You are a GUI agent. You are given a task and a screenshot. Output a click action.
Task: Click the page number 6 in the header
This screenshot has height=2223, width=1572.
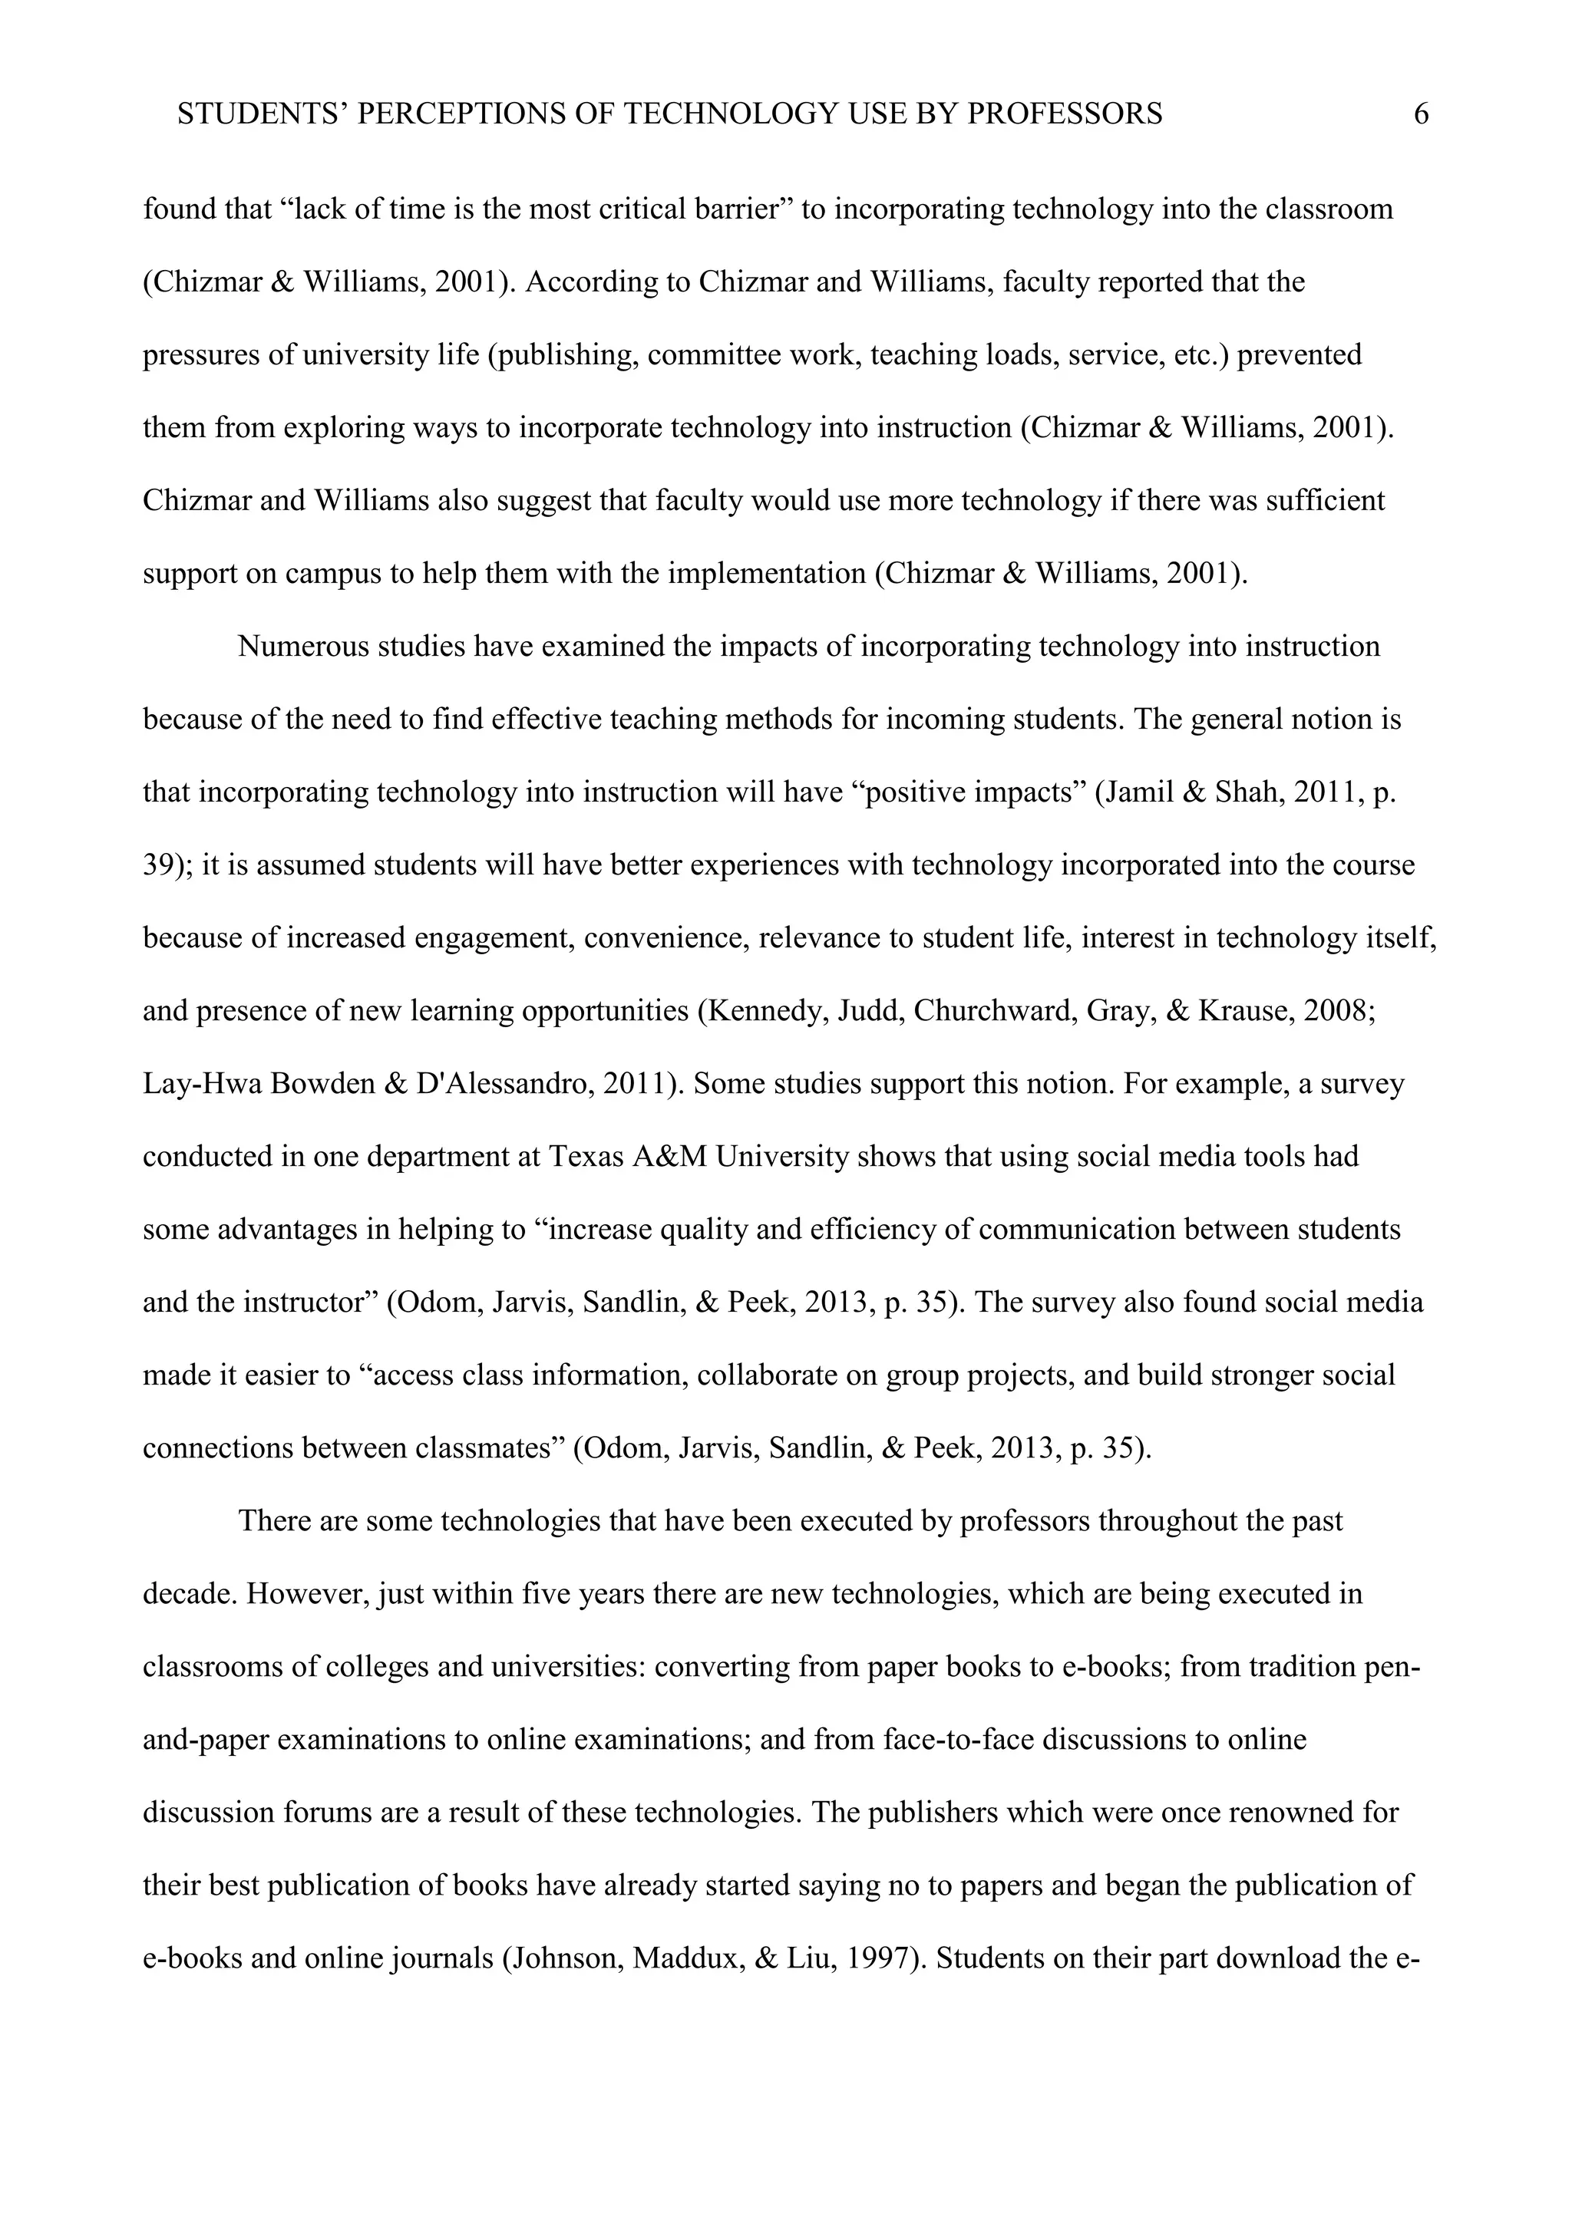click(x=1421, y=114)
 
